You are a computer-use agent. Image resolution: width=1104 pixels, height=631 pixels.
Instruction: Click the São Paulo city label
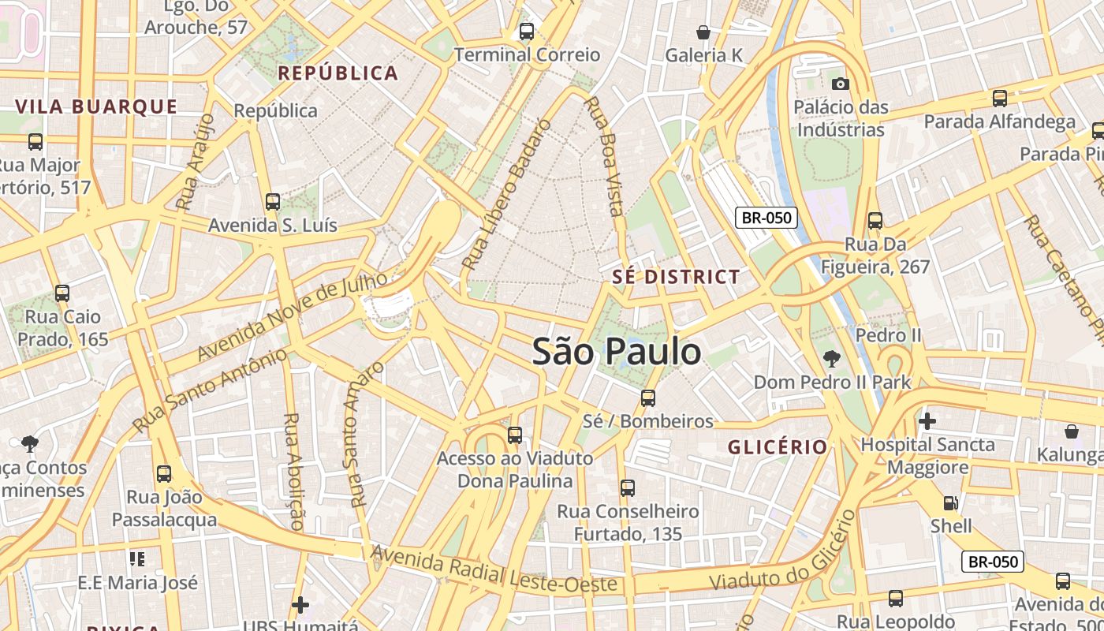point(617,351)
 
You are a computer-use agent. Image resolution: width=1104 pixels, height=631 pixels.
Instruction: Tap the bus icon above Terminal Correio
point(526,32)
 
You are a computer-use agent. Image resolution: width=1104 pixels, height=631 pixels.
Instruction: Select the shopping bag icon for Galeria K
point(703,32)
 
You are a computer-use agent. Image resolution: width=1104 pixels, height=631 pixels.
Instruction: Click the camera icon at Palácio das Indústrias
point(841,84)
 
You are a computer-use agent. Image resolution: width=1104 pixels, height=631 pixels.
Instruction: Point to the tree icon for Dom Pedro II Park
point(831,360)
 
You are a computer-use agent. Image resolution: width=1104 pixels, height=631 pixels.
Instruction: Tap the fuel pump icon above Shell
point(951,502)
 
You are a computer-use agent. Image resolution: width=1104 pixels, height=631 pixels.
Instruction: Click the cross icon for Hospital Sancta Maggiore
point(927,421)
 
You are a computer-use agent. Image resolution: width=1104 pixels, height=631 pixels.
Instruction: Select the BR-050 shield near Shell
point(993,562)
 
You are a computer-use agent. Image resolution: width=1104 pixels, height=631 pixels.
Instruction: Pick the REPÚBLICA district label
point(338,73)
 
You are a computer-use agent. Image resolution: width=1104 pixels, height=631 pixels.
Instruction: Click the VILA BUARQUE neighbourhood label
point(96,106)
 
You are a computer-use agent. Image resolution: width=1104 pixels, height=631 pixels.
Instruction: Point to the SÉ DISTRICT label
point(677,277)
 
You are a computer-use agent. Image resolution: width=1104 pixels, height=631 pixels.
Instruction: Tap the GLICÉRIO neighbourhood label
point(778,447)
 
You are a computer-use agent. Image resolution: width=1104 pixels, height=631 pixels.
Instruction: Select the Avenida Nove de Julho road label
point(292,315)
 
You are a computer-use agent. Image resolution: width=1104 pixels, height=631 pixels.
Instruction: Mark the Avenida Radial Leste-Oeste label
point(494,570)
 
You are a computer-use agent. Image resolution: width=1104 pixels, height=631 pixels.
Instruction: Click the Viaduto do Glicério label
point(782,551)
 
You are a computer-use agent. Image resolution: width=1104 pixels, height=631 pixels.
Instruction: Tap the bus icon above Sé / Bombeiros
point(648,398)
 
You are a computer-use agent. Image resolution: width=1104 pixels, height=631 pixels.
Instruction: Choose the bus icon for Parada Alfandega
point(1000,99)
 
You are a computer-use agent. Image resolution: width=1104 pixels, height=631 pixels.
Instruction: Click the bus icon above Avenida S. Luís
point(273,202)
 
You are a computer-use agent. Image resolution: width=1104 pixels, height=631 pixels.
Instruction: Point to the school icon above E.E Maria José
point(137,559)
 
